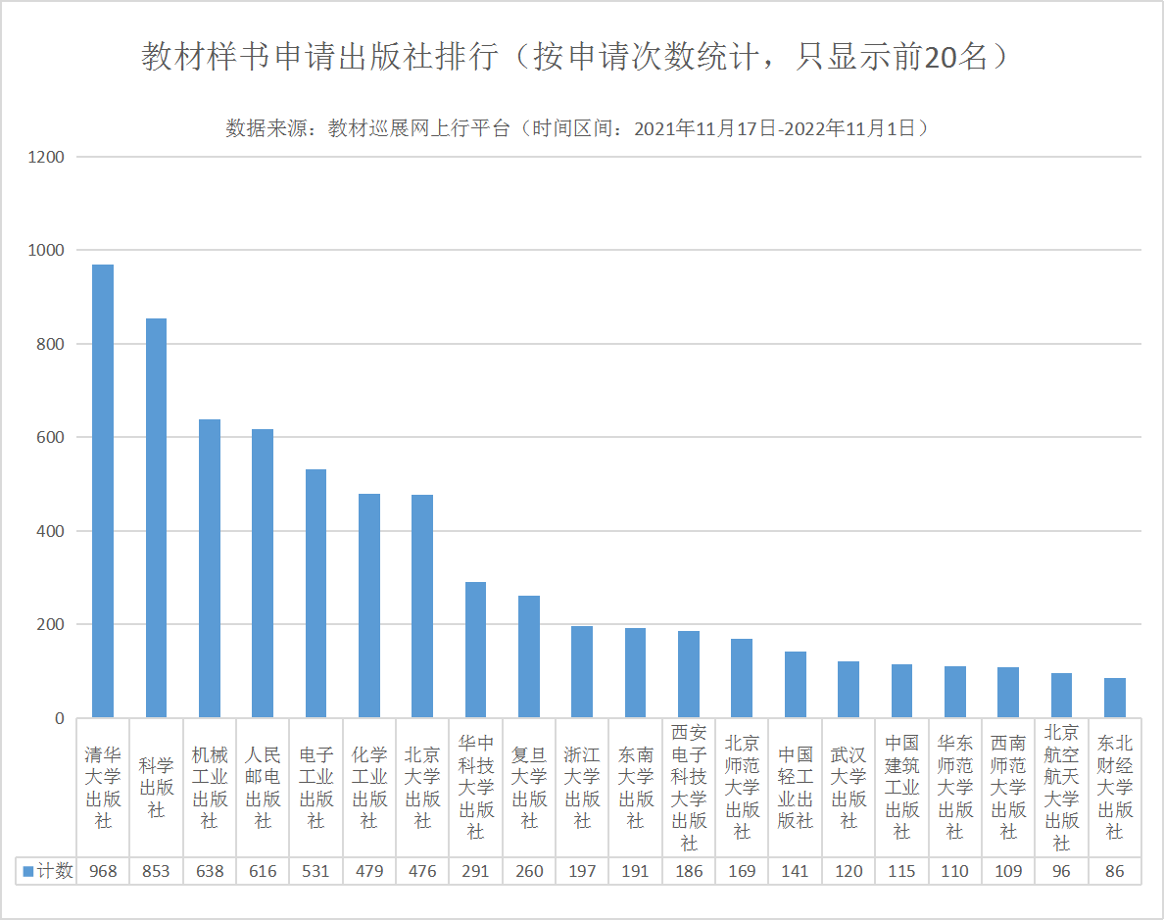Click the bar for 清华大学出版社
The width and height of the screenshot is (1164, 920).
click(103, 491)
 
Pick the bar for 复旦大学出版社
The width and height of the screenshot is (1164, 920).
click(529, 656)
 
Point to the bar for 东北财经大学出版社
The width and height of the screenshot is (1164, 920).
click(1114, 698)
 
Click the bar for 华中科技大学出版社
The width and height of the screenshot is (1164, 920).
click(475, 650)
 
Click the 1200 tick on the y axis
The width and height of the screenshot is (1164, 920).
click(46, 157)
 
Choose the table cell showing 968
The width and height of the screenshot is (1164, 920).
click(103, 871)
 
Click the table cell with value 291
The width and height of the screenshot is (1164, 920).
click(475, 871)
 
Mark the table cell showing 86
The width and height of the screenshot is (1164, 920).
click(1114, 871)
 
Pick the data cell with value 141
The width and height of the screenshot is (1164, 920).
click(795, 871)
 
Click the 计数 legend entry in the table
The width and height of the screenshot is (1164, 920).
click(48, 871)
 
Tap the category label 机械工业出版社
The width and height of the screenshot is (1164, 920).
click(210, 788)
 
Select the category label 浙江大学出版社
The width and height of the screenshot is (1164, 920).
click(582, 788)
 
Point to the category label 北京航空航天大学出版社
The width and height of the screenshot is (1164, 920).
click(1061, 788)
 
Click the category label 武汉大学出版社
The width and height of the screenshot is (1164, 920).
click(849, 788)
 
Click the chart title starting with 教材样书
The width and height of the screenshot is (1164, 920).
click(575, 57)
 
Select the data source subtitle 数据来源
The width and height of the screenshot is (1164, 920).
click(575, 128)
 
